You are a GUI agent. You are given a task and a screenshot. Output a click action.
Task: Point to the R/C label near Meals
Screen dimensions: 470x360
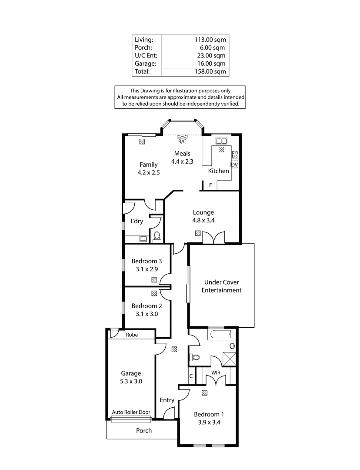coord(182,141)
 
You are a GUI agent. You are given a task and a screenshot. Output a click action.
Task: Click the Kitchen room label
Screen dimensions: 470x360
coord(218,171)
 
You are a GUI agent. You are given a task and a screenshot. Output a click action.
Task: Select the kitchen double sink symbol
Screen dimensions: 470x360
coord(221,141)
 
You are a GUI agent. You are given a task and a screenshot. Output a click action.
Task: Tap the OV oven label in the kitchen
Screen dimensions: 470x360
coord(234,164)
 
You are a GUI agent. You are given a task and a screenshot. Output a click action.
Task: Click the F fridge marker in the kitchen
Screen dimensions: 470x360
coord(210,185)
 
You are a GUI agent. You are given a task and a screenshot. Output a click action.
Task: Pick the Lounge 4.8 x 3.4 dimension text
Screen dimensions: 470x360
coord(203,221)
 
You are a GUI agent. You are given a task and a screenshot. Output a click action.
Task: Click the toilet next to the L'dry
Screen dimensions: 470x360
coord(157,236)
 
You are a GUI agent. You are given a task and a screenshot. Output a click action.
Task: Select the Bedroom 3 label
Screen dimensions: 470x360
coord(147,261)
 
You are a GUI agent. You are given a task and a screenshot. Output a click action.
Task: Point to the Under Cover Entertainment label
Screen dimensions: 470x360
coord(221,286)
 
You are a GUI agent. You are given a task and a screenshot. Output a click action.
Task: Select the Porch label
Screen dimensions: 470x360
coord(144,430)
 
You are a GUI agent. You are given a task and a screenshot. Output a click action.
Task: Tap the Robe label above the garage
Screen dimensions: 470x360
coord(132,335)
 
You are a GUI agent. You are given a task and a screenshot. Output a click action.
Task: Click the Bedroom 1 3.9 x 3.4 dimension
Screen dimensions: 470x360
coord(209,422)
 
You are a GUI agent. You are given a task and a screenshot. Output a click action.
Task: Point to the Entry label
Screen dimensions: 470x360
coord(167,400)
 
